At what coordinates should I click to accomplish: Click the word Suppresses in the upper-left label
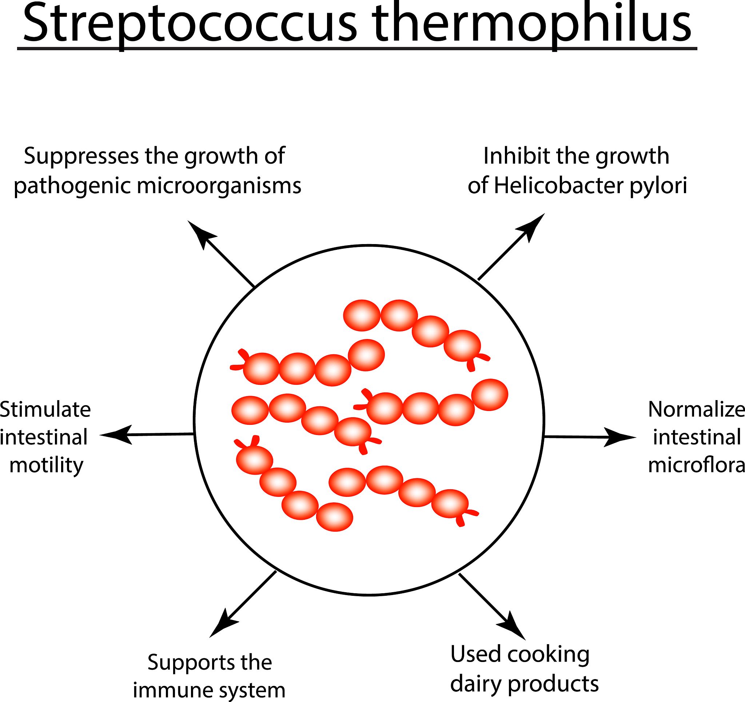pos(81,156)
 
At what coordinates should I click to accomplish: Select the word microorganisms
pos(219,186)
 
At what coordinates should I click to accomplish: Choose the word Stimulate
pos(45,409)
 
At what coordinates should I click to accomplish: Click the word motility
pos(46,466)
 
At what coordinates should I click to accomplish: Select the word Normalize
pos(696,409)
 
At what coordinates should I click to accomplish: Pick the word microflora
pos(696,466)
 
